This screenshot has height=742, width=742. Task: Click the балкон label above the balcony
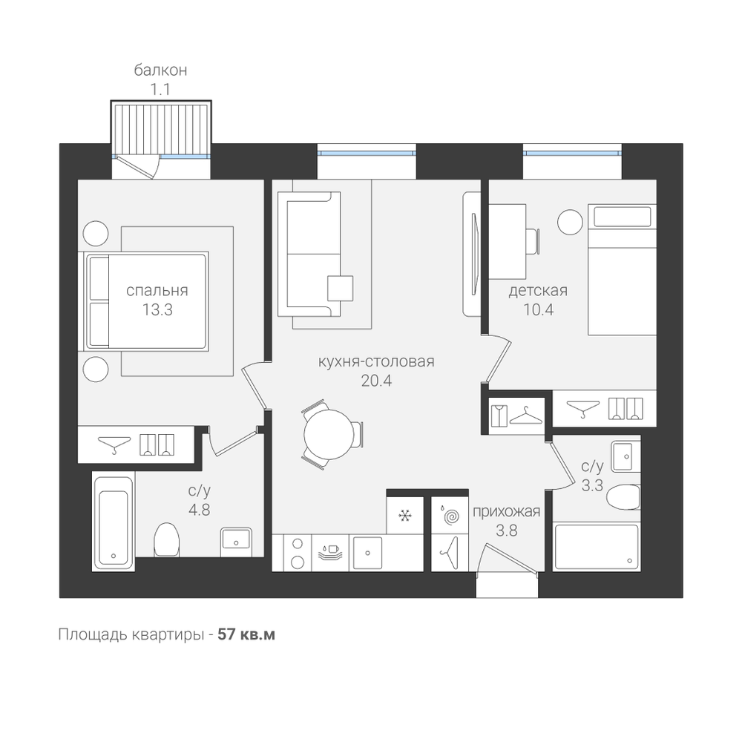coord(160,70)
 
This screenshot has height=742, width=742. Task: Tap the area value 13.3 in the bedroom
coord(157,310)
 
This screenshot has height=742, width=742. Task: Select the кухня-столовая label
coord(376,361)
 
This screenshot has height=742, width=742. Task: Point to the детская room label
coord(538,290)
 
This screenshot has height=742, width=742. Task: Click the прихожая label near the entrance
coord(506,511)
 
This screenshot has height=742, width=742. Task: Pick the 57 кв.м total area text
coord(246,634)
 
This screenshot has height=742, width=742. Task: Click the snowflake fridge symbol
coord(404,516)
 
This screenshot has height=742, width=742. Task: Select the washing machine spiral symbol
coord(450,516)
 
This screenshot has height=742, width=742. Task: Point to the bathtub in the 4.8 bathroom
coord(114,522)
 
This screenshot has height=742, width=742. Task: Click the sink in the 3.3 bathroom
coord(626,456)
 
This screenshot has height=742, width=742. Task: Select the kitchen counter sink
coord(368,553)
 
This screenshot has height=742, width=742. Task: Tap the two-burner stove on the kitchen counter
coord(298,553)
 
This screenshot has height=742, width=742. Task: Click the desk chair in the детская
coord(533,241)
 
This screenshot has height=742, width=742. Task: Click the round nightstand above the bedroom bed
coord(96,233)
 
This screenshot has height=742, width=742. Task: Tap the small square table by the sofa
coord(341,288)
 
